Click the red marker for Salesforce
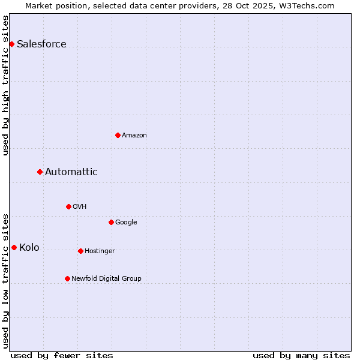tap(11, 44)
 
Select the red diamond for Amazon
tap(118, 135)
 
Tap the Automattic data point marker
tap(40, 172)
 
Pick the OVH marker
tap(68, 206)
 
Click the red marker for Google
tap(111, 222)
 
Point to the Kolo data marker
tap(14, 247)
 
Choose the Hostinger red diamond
tap(80, 251)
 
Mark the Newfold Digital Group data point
tap(67, 278)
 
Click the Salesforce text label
tap(41, 44)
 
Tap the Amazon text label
tap(134, 136)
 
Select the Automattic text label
tap(71, 172)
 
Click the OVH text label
tap(80, 207)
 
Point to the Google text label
tap(126, 223)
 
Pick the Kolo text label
tap(29, 247)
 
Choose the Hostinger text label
tap(100, 251)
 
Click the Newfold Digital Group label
tap(106, 279)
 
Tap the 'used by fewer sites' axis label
tap(62, 355)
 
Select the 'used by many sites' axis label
tap(301, 355)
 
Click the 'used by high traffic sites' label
tap(6, 85)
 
